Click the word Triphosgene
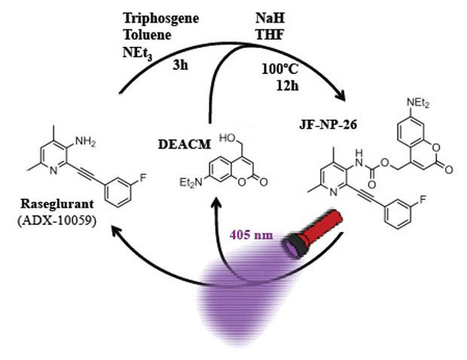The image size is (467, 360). coord(161,19)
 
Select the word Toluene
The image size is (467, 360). coord(147,35)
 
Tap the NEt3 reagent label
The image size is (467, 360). coord(137,53)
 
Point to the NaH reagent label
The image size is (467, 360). coord(270,18)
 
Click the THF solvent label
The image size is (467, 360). coord(270,35)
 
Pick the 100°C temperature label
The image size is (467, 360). coord(280,69)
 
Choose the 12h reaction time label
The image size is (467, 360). coord(288,86)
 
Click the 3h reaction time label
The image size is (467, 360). coord(180,65)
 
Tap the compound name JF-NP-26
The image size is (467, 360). coord(328,124)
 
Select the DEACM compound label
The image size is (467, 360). coord(185,145)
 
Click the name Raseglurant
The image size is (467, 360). coord(57,204)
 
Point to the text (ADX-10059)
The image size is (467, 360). coord(57,221)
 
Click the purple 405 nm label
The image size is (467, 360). coord(251,235)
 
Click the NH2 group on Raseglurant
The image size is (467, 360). coord(85,141)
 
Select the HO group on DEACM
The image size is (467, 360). coord(227,138)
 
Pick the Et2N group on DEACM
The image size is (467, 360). coord(191,182)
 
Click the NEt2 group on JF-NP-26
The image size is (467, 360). coord(418,103)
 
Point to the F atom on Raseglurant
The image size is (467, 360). coord(143,178)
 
